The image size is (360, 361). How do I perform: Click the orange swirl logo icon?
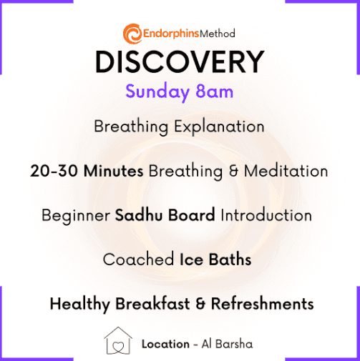click(x=132, y=34)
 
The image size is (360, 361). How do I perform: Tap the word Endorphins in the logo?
click(x=171, y=34)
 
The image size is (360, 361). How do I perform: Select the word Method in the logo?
click(x=218, y=34)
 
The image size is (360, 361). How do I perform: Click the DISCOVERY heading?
click(x=180, y=61)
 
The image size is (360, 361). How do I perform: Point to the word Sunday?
click(x=157, y=92)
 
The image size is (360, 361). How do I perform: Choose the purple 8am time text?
click(x=214, y=92)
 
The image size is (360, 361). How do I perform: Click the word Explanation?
click(x=219, y=127)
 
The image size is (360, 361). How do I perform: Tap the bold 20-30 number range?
click(x=54, y=171)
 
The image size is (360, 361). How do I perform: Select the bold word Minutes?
click(x=114, y=171)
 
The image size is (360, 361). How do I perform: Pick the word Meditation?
click(x=286, y=171)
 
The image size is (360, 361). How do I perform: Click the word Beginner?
click(x=76, y=216)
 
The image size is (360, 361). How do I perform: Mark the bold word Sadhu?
click(x=140, y=215)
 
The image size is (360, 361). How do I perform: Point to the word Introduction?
click(x=266, y=215)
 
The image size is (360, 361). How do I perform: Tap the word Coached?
click(x=138, y=259)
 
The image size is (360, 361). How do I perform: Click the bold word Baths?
click(x=230, y=259)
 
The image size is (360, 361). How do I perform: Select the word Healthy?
click(x=80, y=305)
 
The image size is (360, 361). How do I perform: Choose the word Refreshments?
click(x=263, y=304)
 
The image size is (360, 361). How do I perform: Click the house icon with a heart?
click(x=118, y=340)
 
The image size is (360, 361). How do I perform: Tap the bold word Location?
click(x=165, y=344)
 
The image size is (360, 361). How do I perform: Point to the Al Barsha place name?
click(x=227, y=344)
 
